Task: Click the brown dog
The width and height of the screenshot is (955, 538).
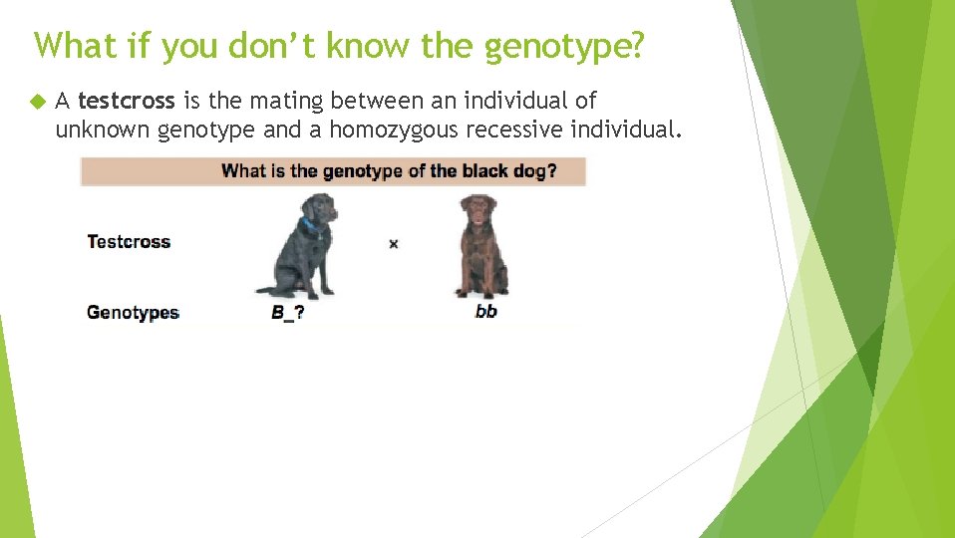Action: pyautogui.click(x=481, y=246)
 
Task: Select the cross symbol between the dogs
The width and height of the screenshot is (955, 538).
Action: pyautogui.click(x=394, y=243)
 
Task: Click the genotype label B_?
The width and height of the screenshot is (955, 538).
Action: pyautogui.click(x=287, y=312)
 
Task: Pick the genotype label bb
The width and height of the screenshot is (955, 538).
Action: pyautogui.click(x=485, y=311)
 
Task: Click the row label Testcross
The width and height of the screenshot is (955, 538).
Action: pyautogui.click(x=129, y=241)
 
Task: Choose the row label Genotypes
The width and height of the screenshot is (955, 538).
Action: pyautogui.click(x=132, y=312)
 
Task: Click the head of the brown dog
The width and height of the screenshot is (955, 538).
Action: pyautogui.click(x=478, y=212)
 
